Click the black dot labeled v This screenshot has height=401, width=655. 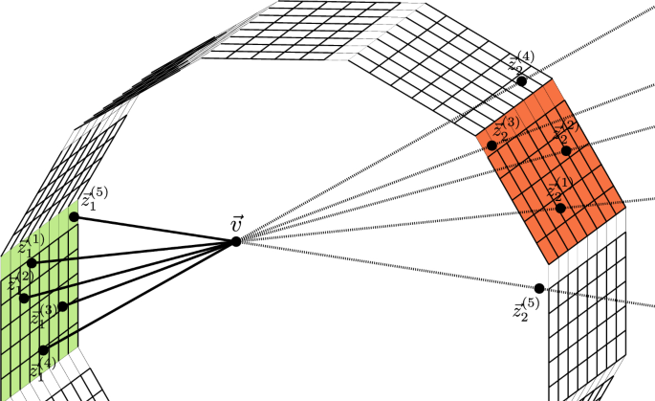(235, 242)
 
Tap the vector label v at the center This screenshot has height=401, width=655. (237, 223)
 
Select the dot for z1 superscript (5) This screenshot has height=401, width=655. (75, 216)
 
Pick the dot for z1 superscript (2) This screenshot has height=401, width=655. (24, 298)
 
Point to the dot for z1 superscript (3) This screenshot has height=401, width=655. (62, 306)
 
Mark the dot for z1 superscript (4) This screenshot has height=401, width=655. (44, 349)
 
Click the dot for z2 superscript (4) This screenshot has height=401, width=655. (521, 81)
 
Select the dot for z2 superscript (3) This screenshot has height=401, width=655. (491, 145)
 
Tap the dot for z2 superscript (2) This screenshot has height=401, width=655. (566, 150)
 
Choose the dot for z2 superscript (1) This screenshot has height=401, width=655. (560, 208)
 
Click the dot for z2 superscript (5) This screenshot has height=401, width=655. (539, 288)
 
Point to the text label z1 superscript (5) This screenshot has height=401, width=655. (94, 198)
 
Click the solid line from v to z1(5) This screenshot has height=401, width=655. (153, 229)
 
